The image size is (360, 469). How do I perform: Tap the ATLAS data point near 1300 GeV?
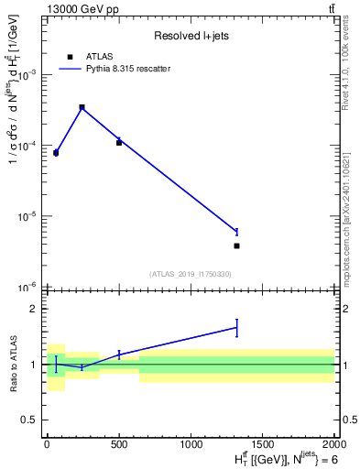pyautogui.click(x=236, y=245)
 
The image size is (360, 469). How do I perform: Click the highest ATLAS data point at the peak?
pyautogui.click(x=82, y=107)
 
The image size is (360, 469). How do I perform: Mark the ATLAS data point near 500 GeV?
pyautogui.click(x=119, y=143)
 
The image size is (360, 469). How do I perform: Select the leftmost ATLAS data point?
pyautogui.click(x=56, y=153)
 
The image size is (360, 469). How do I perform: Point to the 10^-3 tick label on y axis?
pyautogui.click(x=29, y=76)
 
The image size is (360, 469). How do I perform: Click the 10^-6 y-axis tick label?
pyautogui.click(x=29, y=288)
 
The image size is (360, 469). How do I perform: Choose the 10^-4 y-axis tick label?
pyautogui.click(x=29, y=147)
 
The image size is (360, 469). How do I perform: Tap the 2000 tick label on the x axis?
pyautogui.click(x=334, y=443)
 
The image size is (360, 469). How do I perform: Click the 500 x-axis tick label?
pyautogui.click(x=119, y=443)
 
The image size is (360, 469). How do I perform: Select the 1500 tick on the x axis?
pyautogui.click(x=263, y=443)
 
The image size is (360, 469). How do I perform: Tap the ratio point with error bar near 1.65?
pyautogui.click(x=236, y=327)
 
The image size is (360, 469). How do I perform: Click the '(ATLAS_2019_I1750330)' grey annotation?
pyautogui.click(x=190, y=274)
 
